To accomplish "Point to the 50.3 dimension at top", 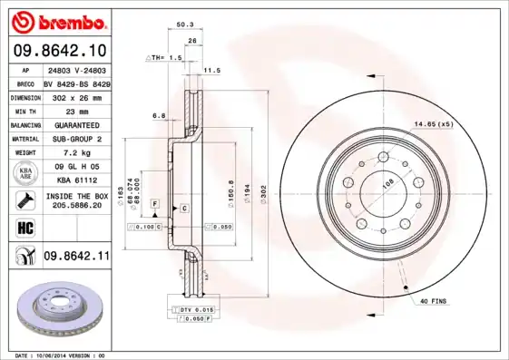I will (x=184, y=24).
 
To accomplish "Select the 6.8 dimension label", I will (x=159, y=116).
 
